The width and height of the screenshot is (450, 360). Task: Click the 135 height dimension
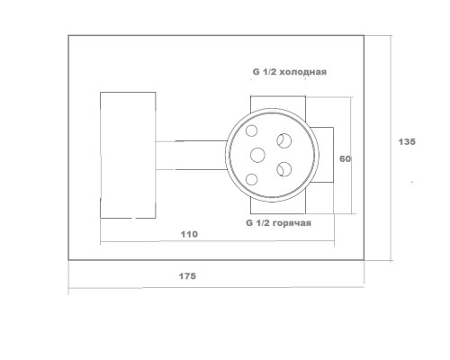407,141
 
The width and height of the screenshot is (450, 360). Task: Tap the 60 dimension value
345,158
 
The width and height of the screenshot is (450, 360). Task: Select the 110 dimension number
189,234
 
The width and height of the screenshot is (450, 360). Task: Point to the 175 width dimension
187,276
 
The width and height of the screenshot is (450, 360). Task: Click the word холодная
304,72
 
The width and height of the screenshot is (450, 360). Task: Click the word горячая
292,223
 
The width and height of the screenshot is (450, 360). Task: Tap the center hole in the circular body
257,155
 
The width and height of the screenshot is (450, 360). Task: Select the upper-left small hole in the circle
251,130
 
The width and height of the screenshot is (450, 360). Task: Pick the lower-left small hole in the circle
251,179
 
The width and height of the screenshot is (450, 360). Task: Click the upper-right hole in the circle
284,140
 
